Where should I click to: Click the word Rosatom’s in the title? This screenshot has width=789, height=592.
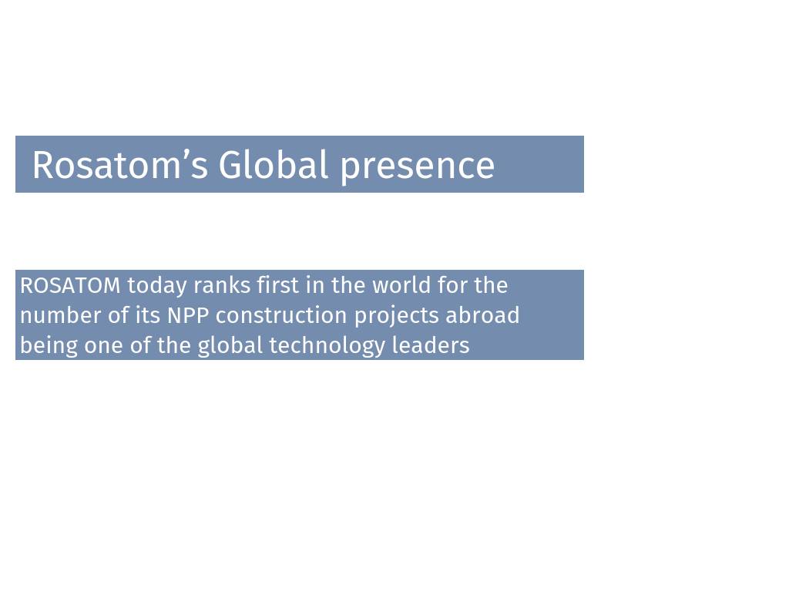point(120,165)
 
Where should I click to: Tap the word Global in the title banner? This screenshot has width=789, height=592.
point(274,165)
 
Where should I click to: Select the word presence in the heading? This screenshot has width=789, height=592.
point(418,167)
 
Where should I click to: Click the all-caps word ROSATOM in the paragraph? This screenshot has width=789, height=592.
point(70,285)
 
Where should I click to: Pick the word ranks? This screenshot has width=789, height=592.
point(222,285)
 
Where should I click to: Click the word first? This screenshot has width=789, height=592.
point(277,285)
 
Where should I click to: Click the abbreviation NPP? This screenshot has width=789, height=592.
point(188,315)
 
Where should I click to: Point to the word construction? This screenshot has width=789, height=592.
point(281,316)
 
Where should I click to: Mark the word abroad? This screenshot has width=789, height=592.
point(482,315)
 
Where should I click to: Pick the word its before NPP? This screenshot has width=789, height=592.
point(148,315)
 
